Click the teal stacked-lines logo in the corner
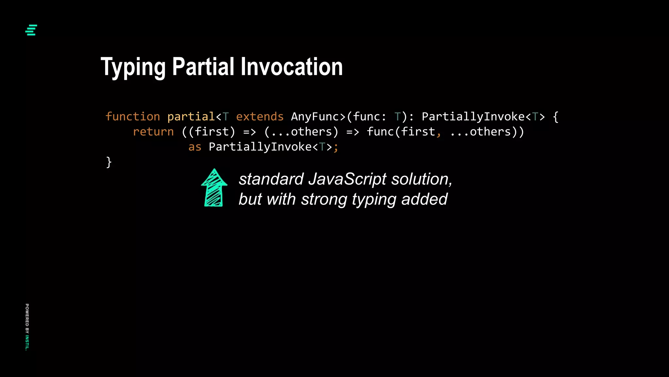coord(31,30)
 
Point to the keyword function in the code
coord(133,117)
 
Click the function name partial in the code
coord(191,117)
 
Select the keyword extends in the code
coord(260,117)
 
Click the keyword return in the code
coord(153,132)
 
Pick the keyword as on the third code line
coord(195,147)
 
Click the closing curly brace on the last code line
coord(109,162)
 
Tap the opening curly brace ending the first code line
coord(556,117)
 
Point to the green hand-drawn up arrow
coord(214,188)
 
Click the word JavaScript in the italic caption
coord(348,179)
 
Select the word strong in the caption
coord(324,199)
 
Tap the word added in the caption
coord(424,199)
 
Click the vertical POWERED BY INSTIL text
coord(27,327)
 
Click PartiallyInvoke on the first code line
coord(473,117)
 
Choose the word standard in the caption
coord(271,179)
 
